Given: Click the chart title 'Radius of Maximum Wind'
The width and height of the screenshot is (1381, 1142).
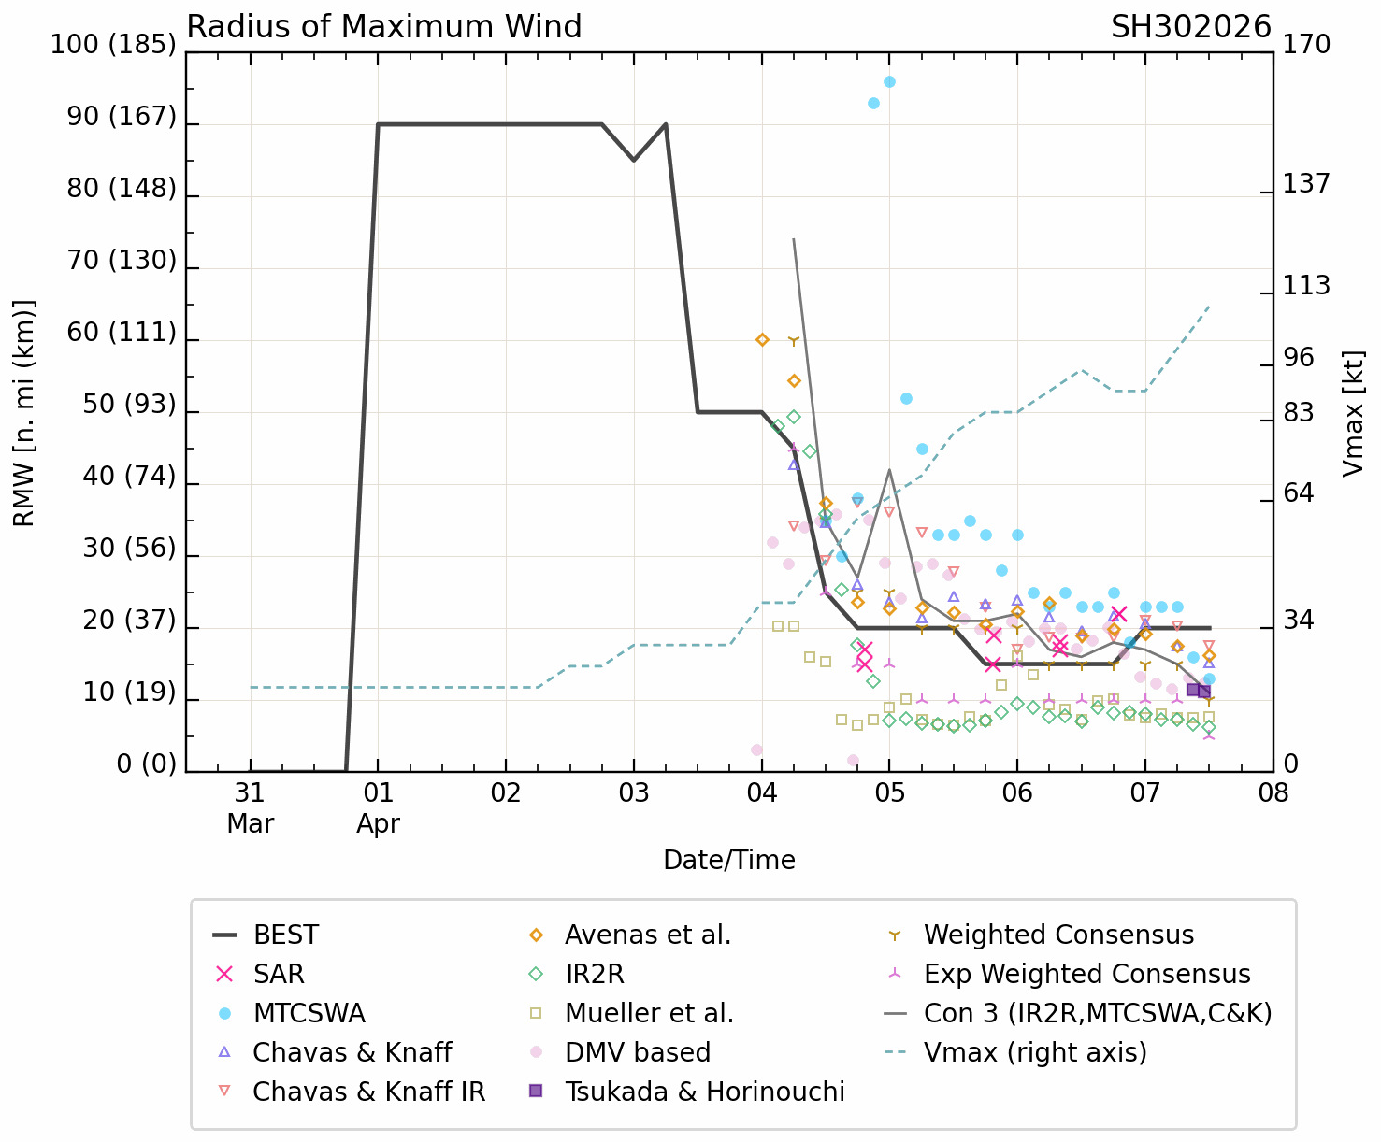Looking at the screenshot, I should pyautogui.click(x=384, y=27).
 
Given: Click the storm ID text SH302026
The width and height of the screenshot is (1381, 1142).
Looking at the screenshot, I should pyautogui.click(x=1190, y=27).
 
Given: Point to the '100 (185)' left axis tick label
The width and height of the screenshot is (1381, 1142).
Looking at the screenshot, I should pyautogui.click(x=113, y=45).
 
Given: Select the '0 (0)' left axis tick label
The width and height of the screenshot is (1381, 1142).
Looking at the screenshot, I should pyautogui.click(x=146, y=764).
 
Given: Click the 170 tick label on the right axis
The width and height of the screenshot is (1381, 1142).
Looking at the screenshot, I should pyautogui.click(x=1306, y=45).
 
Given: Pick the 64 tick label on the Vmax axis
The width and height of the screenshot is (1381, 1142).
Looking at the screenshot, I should pyautogui.click(x=1298, y=493).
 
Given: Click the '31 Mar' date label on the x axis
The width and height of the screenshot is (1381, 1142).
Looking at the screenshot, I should pyautogui.click(x=250, y=808).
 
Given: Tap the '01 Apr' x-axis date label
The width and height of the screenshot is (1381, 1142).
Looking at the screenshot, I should pyautogui.click(x=378, y=808).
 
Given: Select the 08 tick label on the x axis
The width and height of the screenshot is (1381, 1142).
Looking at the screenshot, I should pyautogui.click(x=1273, y=793).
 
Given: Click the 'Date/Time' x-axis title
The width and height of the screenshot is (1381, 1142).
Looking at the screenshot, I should pyautogui.click(x=729, y=860).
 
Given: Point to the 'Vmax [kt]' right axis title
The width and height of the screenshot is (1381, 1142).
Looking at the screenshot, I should pyautogui.click(x=1353, y=413).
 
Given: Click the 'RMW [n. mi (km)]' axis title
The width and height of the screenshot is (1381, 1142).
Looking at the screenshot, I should pyautogui.click(x=24, y=413).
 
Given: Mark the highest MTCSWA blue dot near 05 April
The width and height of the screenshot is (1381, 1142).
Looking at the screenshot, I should pyautogui.click(x=889, y=82).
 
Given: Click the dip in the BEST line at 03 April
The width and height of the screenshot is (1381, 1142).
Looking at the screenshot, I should pyautogui.click(x=634, y=160).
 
